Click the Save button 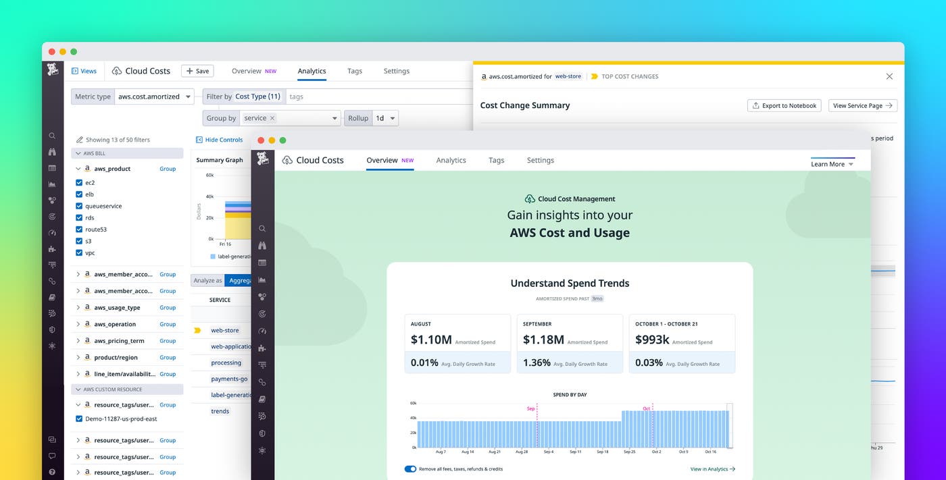tap(197, 71)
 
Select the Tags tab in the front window tap(496, 160)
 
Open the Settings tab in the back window tap(396, 71)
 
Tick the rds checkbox tap(79, 218)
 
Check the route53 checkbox tap(79, 230)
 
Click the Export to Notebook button tap(784, 105)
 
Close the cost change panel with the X tap(889, 76)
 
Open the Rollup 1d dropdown tap(386, 118)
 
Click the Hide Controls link tap(220, 140)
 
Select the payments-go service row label tap(229, 379)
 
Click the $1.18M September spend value tap(543, 340)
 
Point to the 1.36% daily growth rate tap(537, 363)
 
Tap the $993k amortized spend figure tap(651, 340)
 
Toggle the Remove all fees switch tap(410, 469)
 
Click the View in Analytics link tap(712, 469)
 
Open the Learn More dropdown tap(832, 164)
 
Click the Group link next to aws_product tap(168, 169)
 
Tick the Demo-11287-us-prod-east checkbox tap(79, 419)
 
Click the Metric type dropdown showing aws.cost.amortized tap(154, 97)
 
